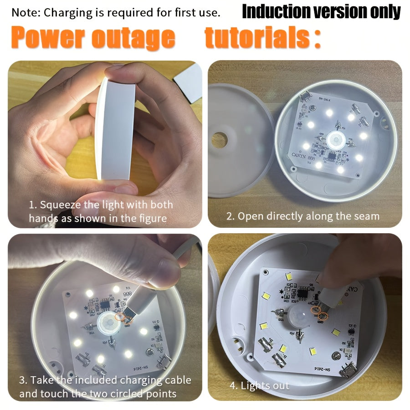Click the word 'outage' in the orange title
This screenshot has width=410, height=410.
tap(133, 38)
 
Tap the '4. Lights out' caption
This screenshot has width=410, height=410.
tap(259, 385)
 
